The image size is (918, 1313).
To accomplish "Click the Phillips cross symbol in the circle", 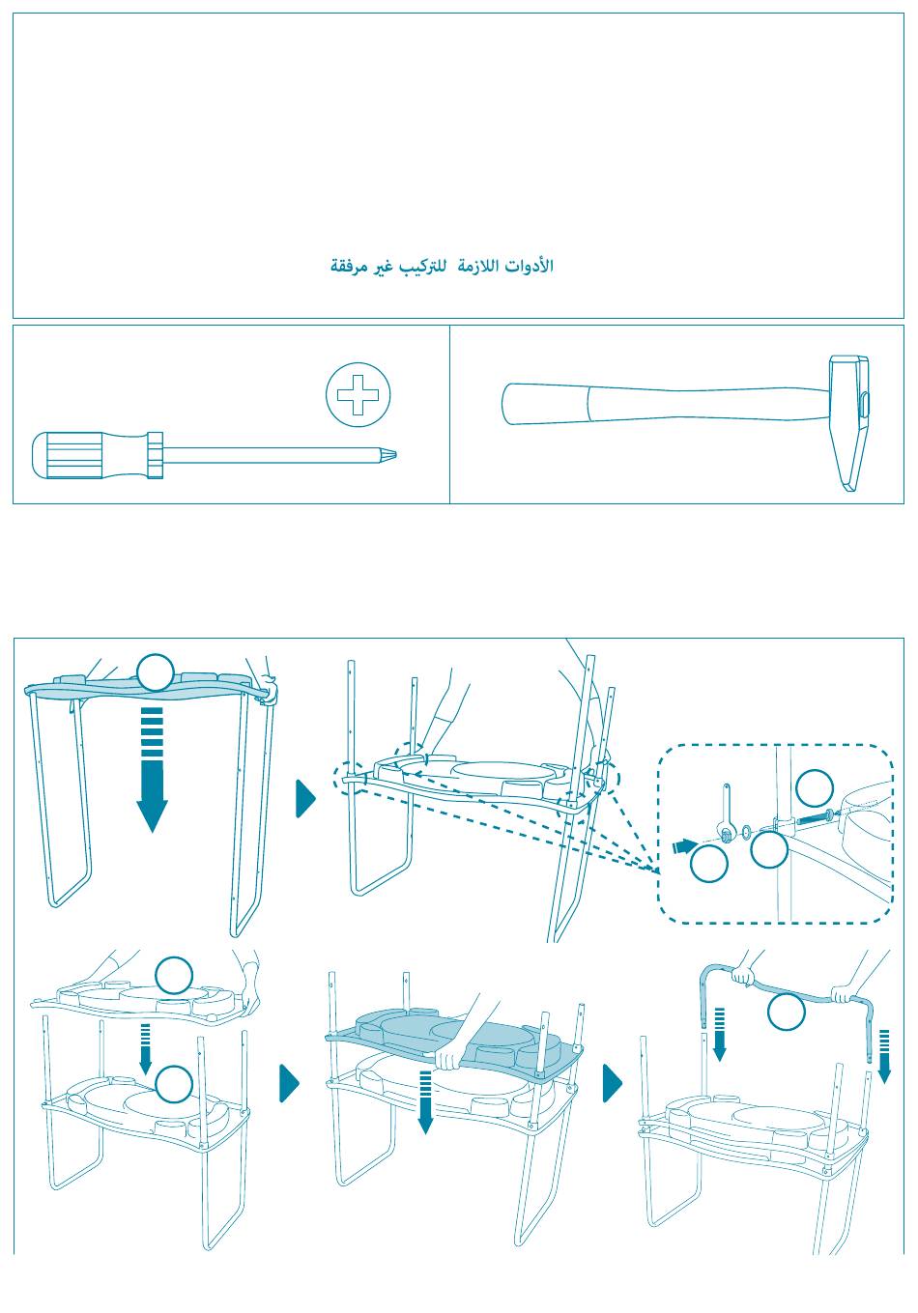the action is point(359,394).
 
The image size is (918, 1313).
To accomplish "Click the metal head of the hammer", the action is point(848,422).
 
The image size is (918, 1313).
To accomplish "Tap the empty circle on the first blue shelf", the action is point(156,671).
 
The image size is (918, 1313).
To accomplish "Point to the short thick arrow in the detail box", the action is point(685,845).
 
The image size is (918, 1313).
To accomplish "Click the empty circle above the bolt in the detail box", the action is point(815,787).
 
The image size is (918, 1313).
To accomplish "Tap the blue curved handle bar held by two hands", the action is point(787,993).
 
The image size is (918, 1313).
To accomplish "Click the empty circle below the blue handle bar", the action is point(787,1012).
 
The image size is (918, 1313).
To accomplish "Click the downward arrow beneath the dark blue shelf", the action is point(425,1101).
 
